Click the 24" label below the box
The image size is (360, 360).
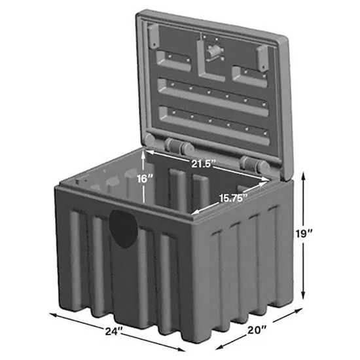coord(113,332)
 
